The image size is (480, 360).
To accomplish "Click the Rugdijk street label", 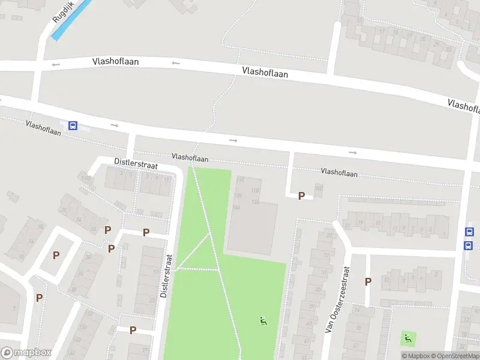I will (62, 12).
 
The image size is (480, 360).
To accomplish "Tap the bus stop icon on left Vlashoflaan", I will (73, 125).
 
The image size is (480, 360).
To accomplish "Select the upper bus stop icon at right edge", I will (469, 232).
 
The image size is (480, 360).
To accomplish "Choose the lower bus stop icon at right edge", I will (469, 245).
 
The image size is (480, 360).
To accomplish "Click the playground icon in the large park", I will (263, 321).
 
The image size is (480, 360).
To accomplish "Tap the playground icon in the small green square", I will (408, 338).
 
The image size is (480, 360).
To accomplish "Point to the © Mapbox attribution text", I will (415, 356).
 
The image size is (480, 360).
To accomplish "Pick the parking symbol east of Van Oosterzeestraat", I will (368, 281).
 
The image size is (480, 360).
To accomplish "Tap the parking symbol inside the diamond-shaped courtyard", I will (56, 255).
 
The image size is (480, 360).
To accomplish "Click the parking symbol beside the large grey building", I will (301, 196).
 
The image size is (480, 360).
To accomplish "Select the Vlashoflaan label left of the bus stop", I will (43, 128).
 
